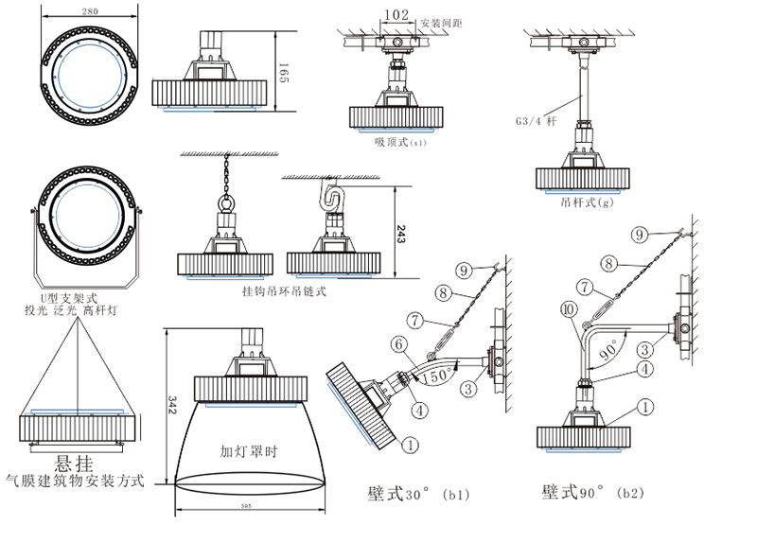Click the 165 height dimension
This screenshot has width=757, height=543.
tap(283, 73)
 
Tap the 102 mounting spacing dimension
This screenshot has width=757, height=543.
tap(398, 16)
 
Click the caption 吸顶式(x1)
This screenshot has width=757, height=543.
tap(400, 143)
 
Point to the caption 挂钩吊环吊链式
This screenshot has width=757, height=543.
tap(284, 292)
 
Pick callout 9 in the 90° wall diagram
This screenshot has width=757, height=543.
tap(639, 233)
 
